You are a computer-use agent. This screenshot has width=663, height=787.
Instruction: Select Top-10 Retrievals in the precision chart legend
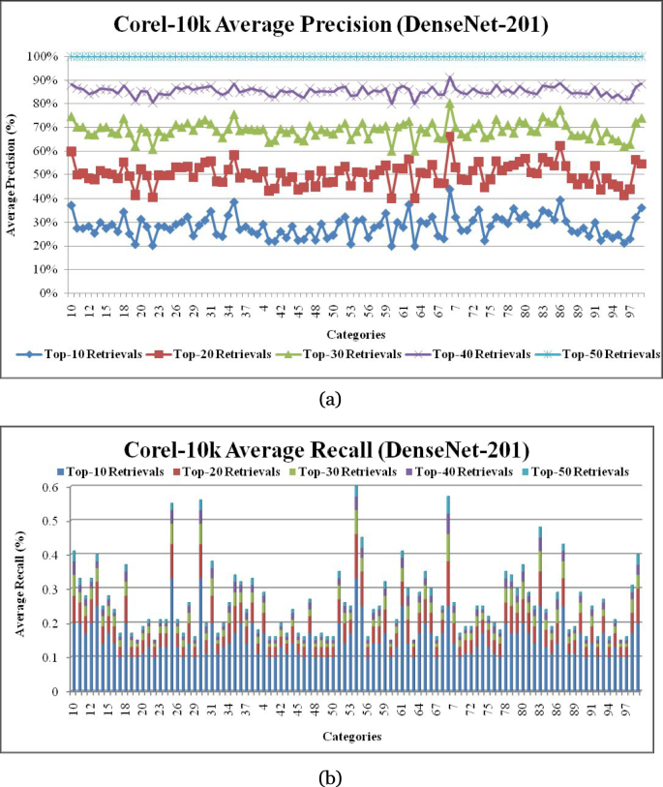[86, 354]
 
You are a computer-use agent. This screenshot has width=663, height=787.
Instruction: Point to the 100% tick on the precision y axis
[45, 57]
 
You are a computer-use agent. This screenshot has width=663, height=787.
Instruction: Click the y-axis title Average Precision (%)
[13, 174]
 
